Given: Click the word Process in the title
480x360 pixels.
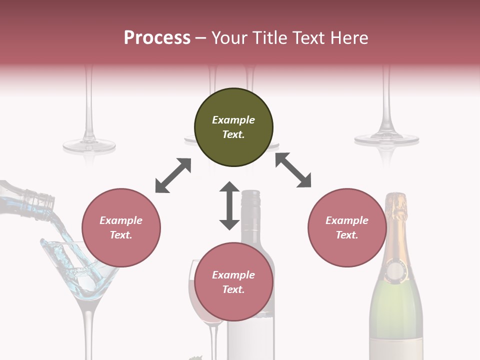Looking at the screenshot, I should tap(157, 38).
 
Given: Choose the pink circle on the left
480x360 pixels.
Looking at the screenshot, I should tap(121, 227).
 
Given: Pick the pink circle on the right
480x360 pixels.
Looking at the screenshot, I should tap(347, 227).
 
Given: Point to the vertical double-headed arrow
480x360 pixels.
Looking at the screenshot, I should tap(229, 205).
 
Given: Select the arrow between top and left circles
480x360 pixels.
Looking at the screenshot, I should tap(173, 175).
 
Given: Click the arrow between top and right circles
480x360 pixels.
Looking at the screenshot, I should tap(293, 170).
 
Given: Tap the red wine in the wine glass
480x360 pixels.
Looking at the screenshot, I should tap(192, 295).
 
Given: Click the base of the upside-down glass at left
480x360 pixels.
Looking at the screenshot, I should tap(89, 145).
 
